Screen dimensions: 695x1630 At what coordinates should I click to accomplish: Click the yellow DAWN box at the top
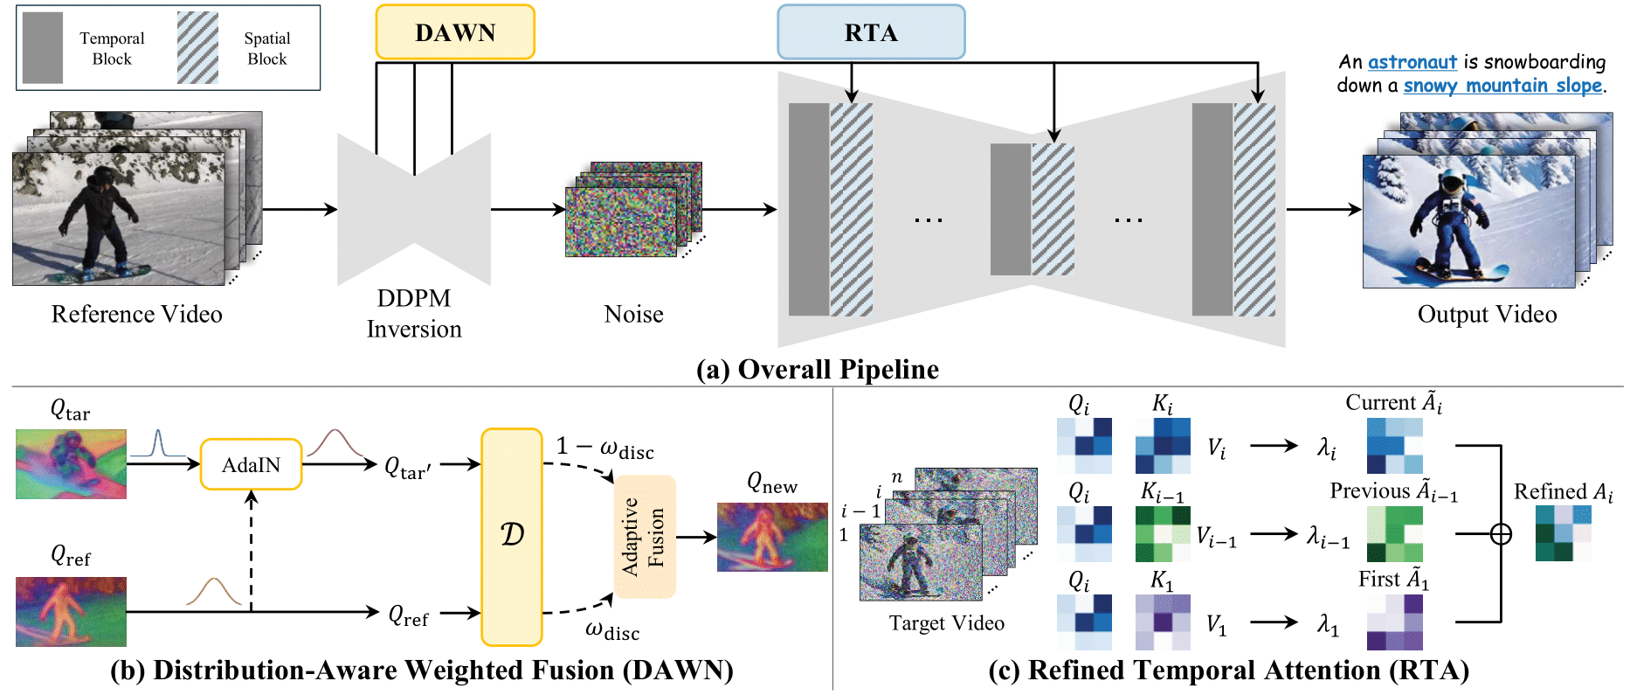coord(454,32)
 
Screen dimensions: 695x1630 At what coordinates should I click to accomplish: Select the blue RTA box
coord(871,32)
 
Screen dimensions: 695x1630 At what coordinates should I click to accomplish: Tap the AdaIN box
coord(252,464)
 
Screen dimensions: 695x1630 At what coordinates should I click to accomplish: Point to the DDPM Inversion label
coord(414,314)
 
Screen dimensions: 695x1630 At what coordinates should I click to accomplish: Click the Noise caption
coord(633,314)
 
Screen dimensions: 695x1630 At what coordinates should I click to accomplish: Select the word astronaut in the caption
coord(1412,62)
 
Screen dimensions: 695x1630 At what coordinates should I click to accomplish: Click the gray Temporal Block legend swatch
coord(43,48)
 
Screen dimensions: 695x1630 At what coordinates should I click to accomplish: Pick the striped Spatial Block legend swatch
coord(197,48)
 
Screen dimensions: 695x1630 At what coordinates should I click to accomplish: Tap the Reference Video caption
coord(136,314)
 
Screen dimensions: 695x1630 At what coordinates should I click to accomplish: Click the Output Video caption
coord(1487,314)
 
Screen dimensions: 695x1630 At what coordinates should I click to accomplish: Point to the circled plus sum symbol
coord(1501,533)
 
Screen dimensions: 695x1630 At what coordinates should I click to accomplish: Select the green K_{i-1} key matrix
coord(1163,533)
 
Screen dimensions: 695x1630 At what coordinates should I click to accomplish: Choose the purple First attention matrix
coord(1394,622)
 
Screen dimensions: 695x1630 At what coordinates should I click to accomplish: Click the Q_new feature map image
coord(772,537)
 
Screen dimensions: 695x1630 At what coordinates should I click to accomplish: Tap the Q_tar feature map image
coord(71,464)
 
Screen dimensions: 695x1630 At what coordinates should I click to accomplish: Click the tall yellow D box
coord(512,537)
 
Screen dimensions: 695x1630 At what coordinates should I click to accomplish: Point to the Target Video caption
coord(946,622)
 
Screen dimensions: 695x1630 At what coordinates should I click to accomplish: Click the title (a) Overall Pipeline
coord(817,369)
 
